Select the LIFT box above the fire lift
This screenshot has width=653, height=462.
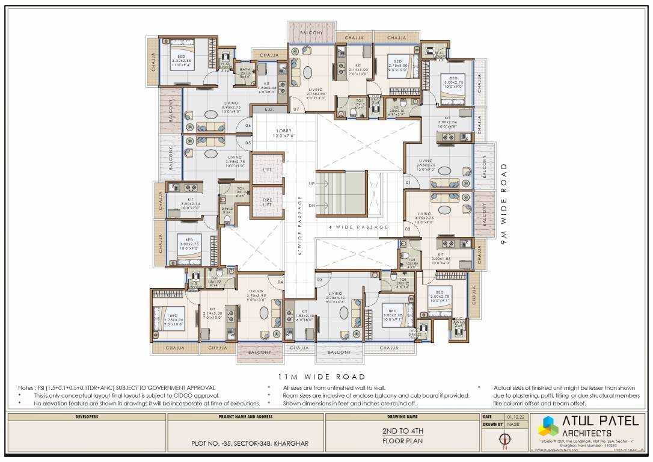tap(267, 171)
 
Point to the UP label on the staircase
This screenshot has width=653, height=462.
tap(311, 182)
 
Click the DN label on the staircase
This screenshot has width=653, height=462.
tap(311, 205)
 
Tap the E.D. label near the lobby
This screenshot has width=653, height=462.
tap(269, 109)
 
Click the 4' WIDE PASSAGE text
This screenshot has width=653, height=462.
tap(358, 227)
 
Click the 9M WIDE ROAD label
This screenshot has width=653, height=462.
tap(504, 200)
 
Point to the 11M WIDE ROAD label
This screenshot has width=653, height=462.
tap(321, 377)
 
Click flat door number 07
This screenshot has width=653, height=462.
tap(296, 109)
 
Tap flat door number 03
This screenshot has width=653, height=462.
tap(320, 280)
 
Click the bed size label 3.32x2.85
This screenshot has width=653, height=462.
tap(180, 61)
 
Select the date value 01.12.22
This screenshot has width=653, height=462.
tap(514, 416)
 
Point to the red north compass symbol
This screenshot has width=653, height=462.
tap(505, 440)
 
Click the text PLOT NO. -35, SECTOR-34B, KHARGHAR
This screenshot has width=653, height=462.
tap(247, 444)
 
